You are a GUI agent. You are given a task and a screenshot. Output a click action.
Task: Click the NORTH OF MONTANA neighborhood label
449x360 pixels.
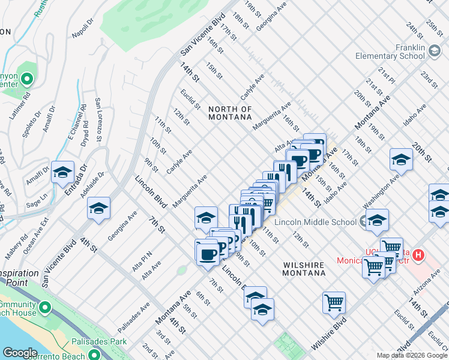click(x=230, y=113)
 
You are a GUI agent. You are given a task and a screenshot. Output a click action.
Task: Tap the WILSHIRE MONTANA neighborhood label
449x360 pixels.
click(x=304, y=269)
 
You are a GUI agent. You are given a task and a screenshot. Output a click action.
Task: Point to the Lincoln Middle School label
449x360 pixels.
click(x=316, y=223)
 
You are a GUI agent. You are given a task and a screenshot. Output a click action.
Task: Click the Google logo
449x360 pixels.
click(x=20, y=352)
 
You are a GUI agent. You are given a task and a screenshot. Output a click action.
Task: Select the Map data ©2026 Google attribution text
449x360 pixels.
click(x=412, y=355)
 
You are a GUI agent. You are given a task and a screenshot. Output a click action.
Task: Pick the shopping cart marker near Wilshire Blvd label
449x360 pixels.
click(x=334, y=302)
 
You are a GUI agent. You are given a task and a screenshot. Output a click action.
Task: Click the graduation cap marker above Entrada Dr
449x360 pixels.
click(x=62, y=173)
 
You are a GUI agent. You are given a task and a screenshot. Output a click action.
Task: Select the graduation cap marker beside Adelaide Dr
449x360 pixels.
click(x=98, y=209)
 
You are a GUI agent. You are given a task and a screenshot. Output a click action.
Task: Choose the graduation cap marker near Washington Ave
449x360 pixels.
click(x=401, y=160)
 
